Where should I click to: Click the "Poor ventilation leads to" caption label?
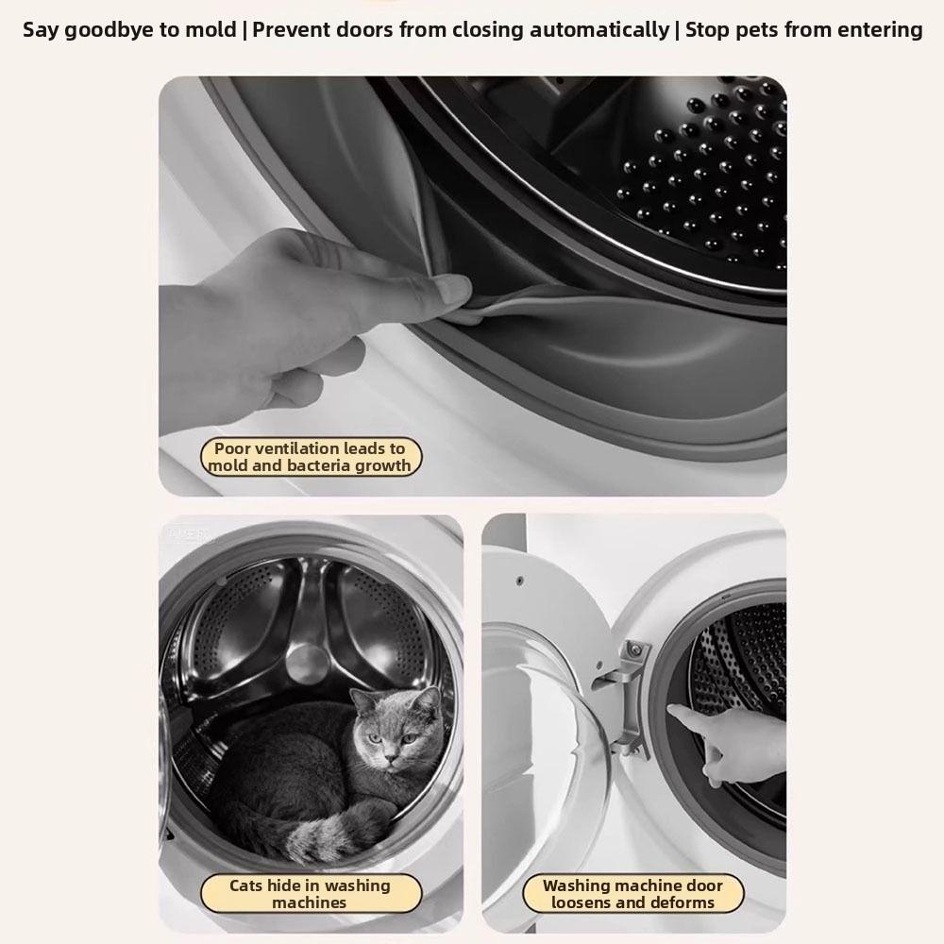point(310,449)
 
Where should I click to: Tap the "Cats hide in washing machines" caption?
point(310,894)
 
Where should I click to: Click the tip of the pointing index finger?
point(671,711)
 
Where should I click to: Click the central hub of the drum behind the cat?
point(307,661)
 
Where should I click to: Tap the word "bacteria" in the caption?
point(315,465)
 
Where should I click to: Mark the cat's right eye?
point(375,738)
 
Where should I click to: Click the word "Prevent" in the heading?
point(292,29)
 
